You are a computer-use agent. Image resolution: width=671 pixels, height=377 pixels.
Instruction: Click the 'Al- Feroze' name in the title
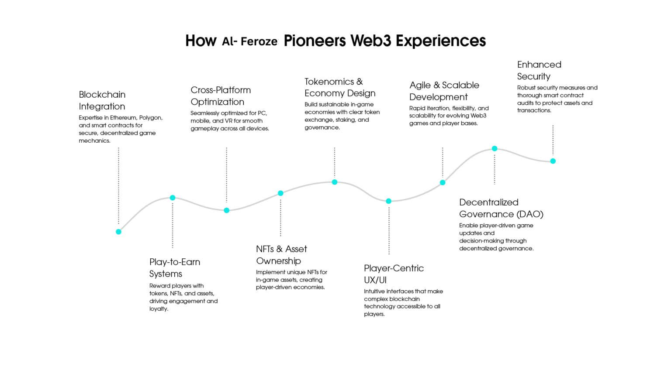pos(249,41)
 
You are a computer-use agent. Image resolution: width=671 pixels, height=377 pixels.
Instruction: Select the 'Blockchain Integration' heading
pos(102,100)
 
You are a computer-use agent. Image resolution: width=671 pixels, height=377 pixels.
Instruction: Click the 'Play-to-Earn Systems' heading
pos(175,267)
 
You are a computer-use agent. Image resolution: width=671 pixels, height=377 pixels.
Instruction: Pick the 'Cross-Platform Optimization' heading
pos(221,96)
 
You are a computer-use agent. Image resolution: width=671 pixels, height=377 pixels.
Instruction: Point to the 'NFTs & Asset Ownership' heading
pos(281,255)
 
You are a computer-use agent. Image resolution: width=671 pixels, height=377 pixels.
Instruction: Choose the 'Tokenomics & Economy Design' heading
pos(340,87)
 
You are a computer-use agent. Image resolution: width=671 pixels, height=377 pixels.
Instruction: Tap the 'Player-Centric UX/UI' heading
pos(394,274)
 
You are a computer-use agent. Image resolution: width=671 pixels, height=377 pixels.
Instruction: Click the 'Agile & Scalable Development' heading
pos(444,91)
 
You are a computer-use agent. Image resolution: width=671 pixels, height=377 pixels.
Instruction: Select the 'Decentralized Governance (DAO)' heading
pos(501,208)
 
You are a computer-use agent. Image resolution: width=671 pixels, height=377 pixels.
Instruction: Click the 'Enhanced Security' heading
pos(539,70)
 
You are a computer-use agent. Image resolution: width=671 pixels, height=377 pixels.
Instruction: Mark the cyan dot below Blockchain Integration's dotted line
pos(118,232)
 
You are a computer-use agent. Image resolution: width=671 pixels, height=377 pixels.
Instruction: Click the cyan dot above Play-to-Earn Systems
pos(173,198)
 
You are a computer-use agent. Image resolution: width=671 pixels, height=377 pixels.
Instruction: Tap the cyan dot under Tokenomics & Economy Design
pos(335,182)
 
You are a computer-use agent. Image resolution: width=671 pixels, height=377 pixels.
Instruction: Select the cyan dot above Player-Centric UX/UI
pos(388,201)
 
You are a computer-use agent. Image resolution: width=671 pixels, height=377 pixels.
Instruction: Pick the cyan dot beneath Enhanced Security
pos(553,161)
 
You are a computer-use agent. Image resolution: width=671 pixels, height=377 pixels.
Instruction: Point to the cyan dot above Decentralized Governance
pos(495,149)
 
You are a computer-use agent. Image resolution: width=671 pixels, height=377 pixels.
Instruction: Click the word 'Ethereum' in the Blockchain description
pos(123,118)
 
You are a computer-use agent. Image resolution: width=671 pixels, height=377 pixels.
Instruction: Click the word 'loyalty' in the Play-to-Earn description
pos(158,309)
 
